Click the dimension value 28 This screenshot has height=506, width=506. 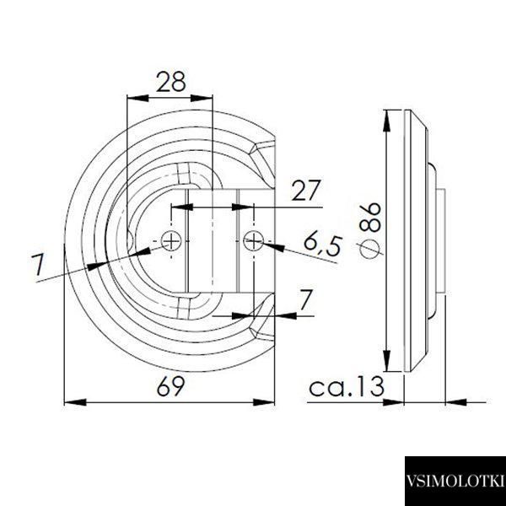click(171, 81)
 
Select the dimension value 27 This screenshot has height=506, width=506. click(306, 191)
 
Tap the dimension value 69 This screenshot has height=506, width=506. click(170, 385)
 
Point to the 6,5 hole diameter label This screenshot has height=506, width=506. click(322, 246)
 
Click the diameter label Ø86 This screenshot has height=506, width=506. click(370, 230)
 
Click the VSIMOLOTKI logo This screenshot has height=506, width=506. click(455, 481)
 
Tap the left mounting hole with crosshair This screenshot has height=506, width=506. click(171, 240)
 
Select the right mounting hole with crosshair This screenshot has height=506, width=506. click(254, 240)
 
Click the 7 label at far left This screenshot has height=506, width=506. click(38, 264)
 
